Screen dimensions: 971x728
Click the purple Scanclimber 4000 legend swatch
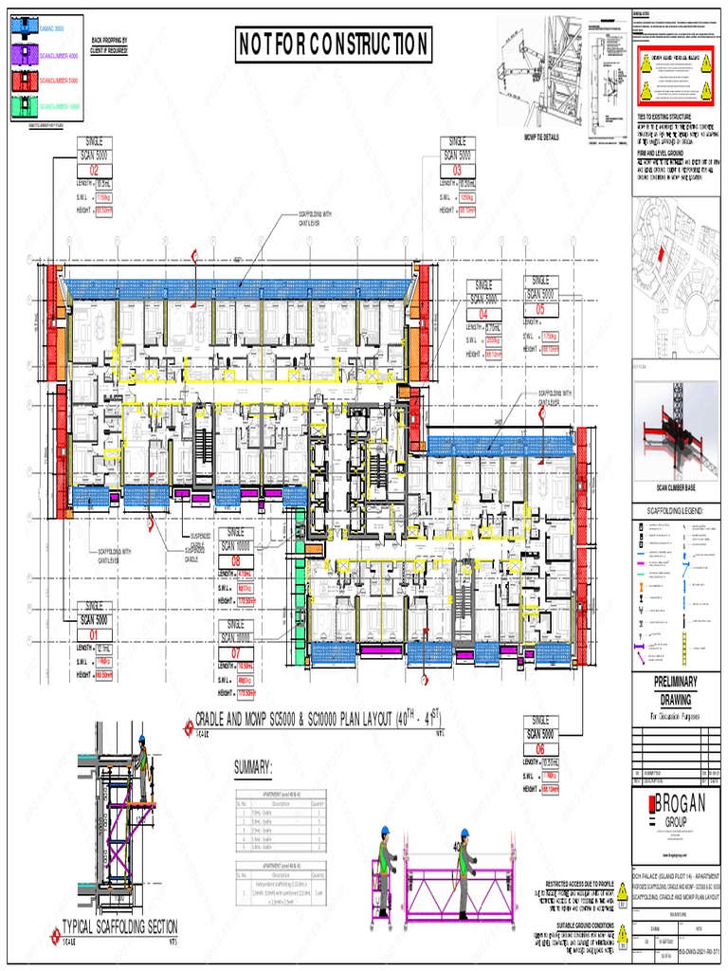pyautogui.click(x=23, y=56)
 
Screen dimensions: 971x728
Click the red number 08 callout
pyautogui.click(x=237, y=560)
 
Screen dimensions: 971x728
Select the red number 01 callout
pyautogui.click(x=95, y=634)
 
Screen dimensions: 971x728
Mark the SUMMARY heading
pyautogui.click(x=254, y=765)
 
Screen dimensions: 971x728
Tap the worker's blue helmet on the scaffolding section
pyautogui.click(x=141, y=738)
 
